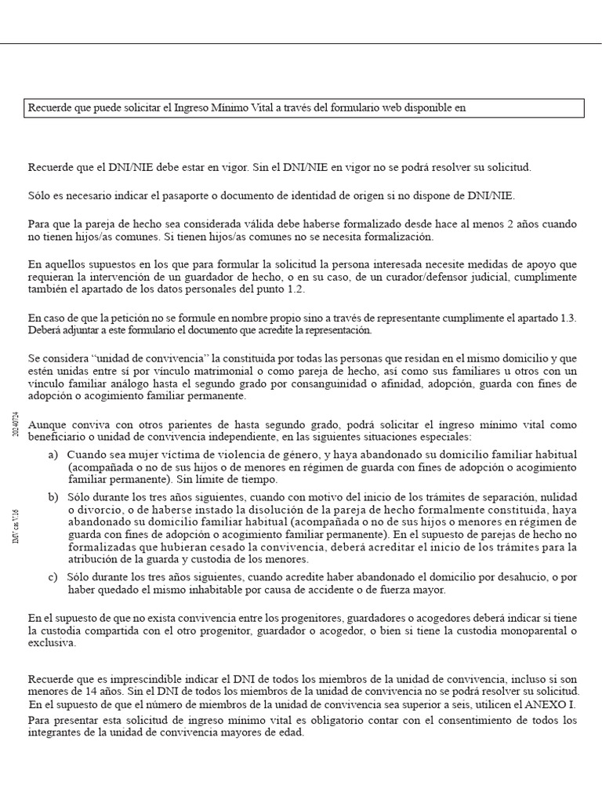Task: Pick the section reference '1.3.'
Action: click(x=565, y=318)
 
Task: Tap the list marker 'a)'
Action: click(x=53, y=455)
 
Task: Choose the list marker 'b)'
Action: click(x=53, y=497)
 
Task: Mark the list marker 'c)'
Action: click(x=53, y=576)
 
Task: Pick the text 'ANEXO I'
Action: click(x=553, y=704)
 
